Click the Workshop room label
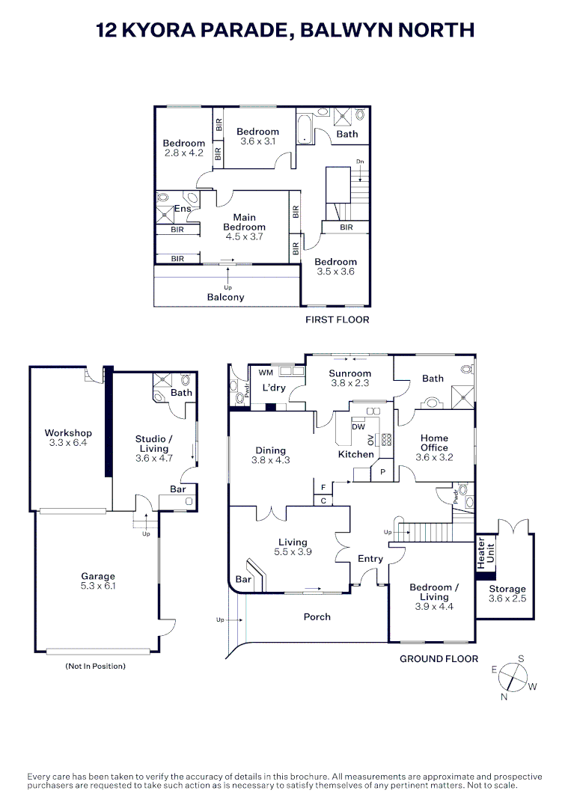tap(68, 433)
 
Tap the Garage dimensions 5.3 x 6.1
tap(98, 586)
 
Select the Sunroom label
tap(350, 373)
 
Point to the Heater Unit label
tap(486, 554)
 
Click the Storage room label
tap(507, 589)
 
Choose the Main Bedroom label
tap(244, 222)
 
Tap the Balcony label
tap(226, 297)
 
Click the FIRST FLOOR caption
tap(338, 319)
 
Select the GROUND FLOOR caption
tap(439, 658)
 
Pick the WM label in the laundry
tap(266, 373)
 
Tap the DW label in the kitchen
tap(358, 426)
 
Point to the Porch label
tap(317, 616)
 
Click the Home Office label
tap(435, 443)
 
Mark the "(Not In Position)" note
tap(95, 667)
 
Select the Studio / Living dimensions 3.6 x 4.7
tap(154, 458)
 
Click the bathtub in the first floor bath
tap(304, 129)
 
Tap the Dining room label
tap(271, 450)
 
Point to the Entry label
tap(370, 559)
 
